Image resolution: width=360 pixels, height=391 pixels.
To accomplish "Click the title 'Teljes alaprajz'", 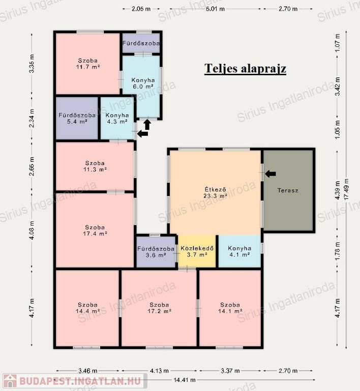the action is point(245,69).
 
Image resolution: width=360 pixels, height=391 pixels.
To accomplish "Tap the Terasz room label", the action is point(288,190).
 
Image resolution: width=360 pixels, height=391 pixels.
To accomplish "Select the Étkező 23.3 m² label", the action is point(216,192).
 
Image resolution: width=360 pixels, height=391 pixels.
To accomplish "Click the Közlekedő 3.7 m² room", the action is point(197,252).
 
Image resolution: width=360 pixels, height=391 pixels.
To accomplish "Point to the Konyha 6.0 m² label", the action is point(143,83).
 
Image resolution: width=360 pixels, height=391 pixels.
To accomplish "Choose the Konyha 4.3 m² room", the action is point(117,119).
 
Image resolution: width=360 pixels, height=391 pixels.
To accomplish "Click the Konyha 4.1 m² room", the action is point(239,252).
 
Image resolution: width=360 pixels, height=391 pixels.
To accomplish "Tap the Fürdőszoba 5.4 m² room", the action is point(77,119).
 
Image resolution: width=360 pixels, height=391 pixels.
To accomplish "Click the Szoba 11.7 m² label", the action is point(88,64).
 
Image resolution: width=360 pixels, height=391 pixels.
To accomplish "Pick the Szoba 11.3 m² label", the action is point(95,166).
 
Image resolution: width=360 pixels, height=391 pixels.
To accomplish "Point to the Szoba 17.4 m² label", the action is point(95,231).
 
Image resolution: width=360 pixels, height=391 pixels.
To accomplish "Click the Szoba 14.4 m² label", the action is point(88,308).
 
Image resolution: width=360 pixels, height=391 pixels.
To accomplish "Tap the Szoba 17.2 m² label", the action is point(159,308).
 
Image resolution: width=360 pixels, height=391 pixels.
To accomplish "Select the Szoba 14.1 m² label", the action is point(230,308).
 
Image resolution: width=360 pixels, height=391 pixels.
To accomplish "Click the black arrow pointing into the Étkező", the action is point(270,174).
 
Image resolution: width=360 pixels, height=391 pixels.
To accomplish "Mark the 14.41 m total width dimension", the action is point(185,380).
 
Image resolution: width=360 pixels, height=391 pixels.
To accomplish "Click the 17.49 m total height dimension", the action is point(346,189).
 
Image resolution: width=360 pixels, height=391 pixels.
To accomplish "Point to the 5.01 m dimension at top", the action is point(215,9).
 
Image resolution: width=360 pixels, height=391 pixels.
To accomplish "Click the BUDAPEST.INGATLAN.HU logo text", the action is point(80,381).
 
